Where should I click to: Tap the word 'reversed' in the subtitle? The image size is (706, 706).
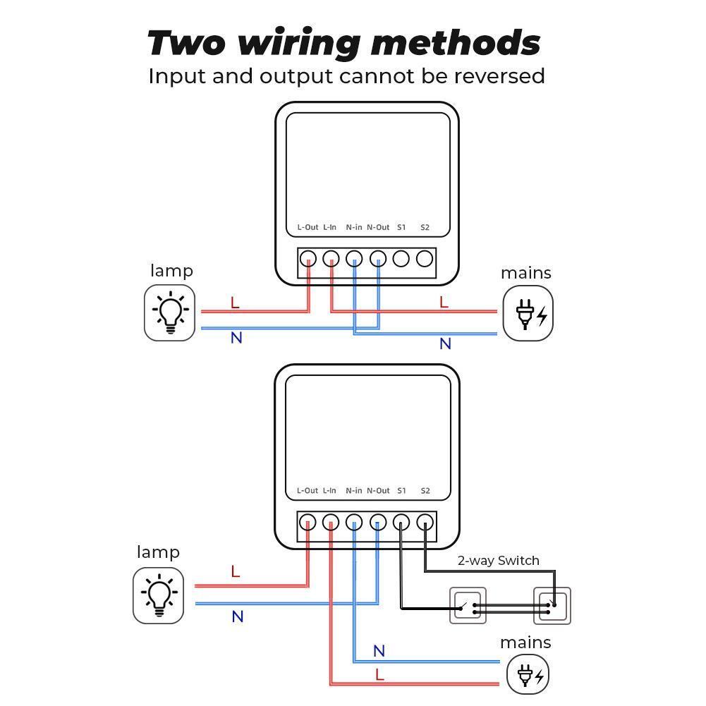pyautogui.click(x=497, y=75)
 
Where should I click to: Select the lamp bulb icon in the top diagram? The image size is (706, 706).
pyautogui.click(x=170, y=312)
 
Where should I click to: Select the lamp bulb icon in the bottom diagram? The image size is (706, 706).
pyautogui.click(x=159, y=595)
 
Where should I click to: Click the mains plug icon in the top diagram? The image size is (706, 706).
pyautogui.click(x=528, y=314)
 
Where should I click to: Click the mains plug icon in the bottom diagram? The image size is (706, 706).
pyautogui.click(x=528, y=675)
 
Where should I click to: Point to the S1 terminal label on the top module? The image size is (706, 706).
pyautogui.click(x=401, y=227)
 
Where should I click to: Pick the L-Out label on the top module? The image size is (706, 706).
pyautogui.click(x=308, y=227)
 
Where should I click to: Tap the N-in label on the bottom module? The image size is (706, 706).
pyautogui.click(x=354, y=490)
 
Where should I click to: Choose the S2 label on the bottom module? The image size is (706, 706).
pyautogui.click(x=425, y=490)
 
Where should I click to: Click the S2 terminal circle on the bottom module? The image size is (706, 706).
pyautogui.click(x=425, y=523)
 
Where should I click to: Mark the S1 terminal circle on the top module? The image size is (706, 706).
pyautogui.click(x=401, y=259)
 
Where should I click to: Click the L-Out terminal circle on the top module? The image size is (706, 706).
pyautogui.click(x=308, y=259)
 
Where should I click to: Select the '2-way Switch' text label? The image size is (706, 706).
pyautogui.click(x=498, y=561)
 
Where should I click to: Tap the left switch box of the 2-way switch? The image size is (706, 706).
pyautogui.click(x=468, y=606)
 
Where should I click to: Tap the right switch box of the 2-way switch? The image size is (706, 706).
pyautogui.click(x=552, y=606)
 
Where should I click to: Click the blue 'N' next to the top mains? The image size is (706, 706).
pyautogui.click(x=445, y=344)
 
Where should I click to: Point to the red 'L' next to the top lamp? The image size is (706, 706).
pyautogui.click(x=235, y=303)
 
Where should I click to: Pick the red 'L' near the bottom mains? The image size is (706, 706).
pyautogui.click(x=379, y=675)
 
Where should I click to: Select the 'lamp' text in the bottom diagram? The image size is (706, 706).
pyautogui.click(x=158, y=552)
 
